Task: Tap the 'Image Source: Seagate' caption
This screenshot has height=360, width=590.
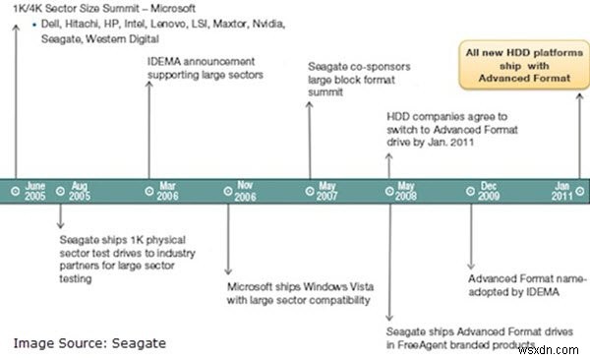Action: click(88, 342)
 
